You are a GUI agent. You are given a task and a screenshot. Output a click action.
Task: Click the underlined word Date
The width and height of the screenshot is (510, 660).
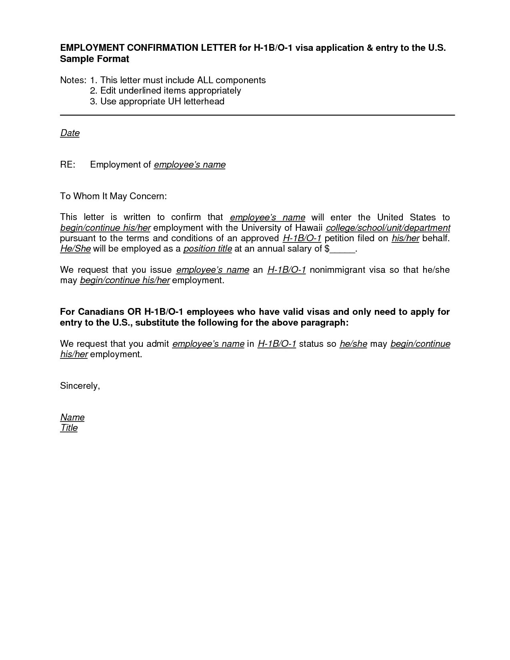coord(70,133)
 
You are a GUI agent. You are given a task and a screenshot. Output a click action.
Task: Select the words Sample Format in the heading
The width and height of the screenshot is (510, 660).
coord(94,59)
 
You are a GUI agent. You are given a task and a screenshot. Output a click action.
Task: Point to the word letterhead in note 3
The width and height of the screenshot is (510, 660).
coord(204,101)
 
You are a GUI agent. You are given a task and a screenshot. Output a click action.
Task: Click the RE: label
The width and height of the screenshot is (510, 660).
coord(67,164)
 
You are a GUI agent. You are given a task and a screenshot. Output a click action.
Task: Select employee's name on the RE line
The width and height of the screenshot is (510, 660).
coord(190,164)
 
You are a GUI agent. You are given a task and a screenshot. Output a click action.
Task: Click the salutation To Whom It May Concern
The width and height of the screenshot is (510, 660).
coord(113,196)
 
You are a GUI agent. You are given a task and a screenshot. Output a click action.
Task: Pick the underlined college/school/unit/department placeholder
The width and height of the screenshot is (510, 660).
coord(388,228)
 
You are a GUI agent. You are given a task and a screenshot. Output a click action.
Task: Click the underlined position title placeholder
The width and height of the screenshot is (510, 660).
coord(208,249)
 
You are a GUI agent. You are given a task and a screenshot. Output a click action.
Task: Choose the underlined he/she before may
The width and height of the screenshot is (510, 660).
coord(353,344)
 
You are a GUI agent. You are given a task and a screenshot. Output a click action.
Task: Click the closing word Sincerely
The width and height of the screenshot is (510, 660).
coord(80,386)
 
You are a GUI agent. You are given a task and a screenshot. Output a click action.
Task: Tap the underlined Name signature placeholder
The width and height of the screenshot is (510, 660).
coord(72,417)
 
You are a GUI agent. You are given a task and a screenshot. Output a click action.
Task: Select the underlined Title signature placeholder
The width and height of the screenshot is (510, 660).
coord(69,428)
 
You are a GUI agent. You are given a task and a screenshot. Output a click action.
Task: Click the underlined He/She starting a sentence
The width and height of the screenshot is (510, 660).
coord(75,249)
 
